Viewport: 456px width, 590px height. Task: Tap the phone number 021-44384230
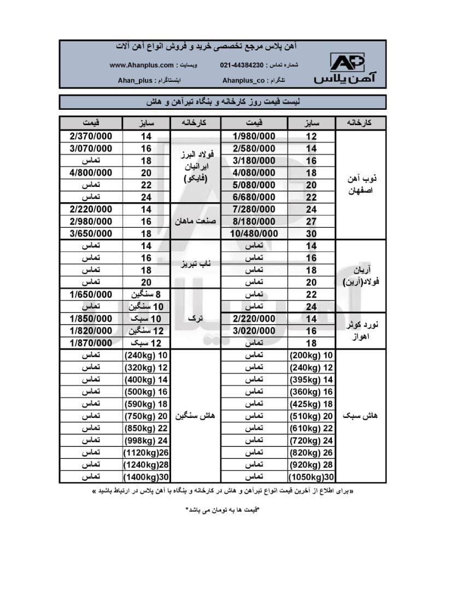point(242,65)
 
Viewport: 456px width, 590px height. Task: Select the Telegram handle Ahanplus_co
point(244,80)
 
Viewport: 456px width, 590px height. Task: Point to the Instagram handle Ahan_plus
point(135,80)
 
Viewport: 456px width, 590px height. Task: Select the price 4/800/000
point(91,173)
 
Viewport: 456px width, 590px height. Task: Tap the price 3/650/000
point(91,234)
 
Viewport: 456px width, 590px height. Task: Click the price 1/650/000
point(91,294)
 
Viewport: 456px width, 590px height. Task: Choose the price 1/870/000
point(91,343)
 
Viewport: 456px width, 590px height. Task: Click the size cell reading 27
point(311,221)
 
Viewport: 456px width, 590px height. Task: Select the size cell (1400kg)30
point(146,477)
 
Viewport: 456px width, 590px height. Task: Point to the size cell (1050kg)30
point(311,477)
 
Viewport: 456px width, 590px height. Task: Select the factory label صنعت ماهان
point(196,221)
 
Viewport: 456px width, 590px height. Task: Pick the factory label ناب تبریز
point(196,264)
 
